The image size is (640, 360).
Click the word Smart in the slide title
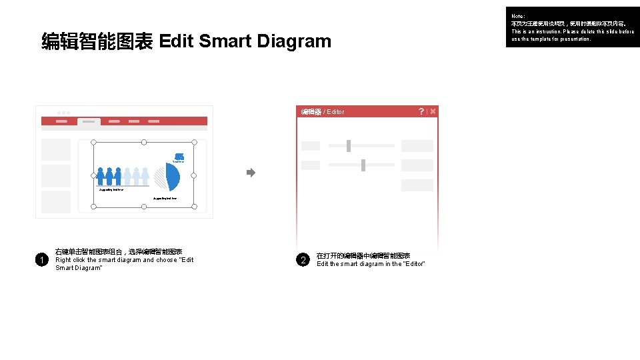click(225, 41)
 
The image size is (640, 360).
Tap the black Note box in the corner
click(572, 27)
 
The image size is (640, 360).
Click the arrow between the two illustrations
click(251, 173)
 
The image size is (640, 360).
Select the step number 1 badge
click(41, 259)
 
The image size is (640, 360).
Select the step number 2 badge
click(303, 259)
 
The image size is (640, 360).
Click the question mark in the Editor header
click(421, 111)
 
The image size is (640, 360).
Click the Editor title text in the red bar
click(323, 112)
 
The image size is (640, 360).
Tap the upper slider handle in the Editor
click(349, 145)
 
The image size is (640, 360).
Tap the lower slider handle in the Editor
click(363, 165)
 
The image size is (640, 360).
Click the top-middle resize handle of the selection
click(144, 142)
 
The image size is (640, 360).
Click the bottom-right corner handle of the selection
click(194, 207)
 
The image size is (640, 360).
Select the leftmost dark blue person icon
click(101, 177)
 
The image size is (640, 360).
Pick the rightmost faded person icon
click(145, 177)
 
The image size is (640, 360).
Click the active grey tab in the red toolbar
click(89, 122)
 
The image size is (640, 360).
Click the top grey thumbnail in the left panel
click(56, 149)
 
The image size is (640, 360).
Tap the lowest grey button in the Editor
click(417, 185)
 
